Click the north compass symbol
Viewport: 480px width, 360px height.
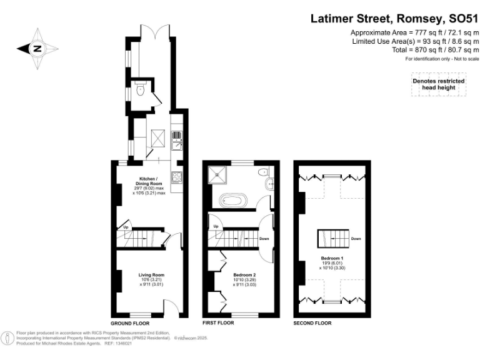tap(37, 48)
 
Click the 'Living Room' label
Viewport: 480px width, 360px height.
tap(151, 274)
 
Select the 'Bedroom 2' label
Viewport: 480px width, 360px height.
tap(245, 274)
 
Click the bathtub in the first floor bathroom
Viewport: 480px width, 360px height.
tap(234, 201)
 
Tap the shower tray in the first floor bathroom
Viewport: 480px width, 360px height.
tap(220, 174)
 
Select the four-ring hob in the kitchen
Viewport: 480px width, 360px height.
tap(177, 177)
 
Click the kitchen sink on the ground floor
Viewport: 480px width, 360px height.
tap(177, 143)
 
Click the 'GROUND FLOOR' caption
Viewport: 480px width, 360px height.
tap(129, 323)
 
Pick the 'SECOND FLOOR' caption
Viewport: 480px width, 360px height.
tap(312, 323)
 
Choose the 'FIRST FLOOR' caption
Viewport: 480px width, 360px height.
tap(218, 323)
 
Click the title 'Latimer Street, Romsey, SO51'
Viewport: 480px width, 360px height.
tap(393, 19)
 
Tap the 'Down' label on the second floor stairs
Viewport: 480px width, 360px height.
tap(356, 238)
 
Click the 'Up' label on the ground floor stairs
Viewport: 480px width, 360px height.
tap(125, 226)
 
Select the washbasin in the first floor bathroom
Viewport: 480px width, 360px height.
tap(269, 183)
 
